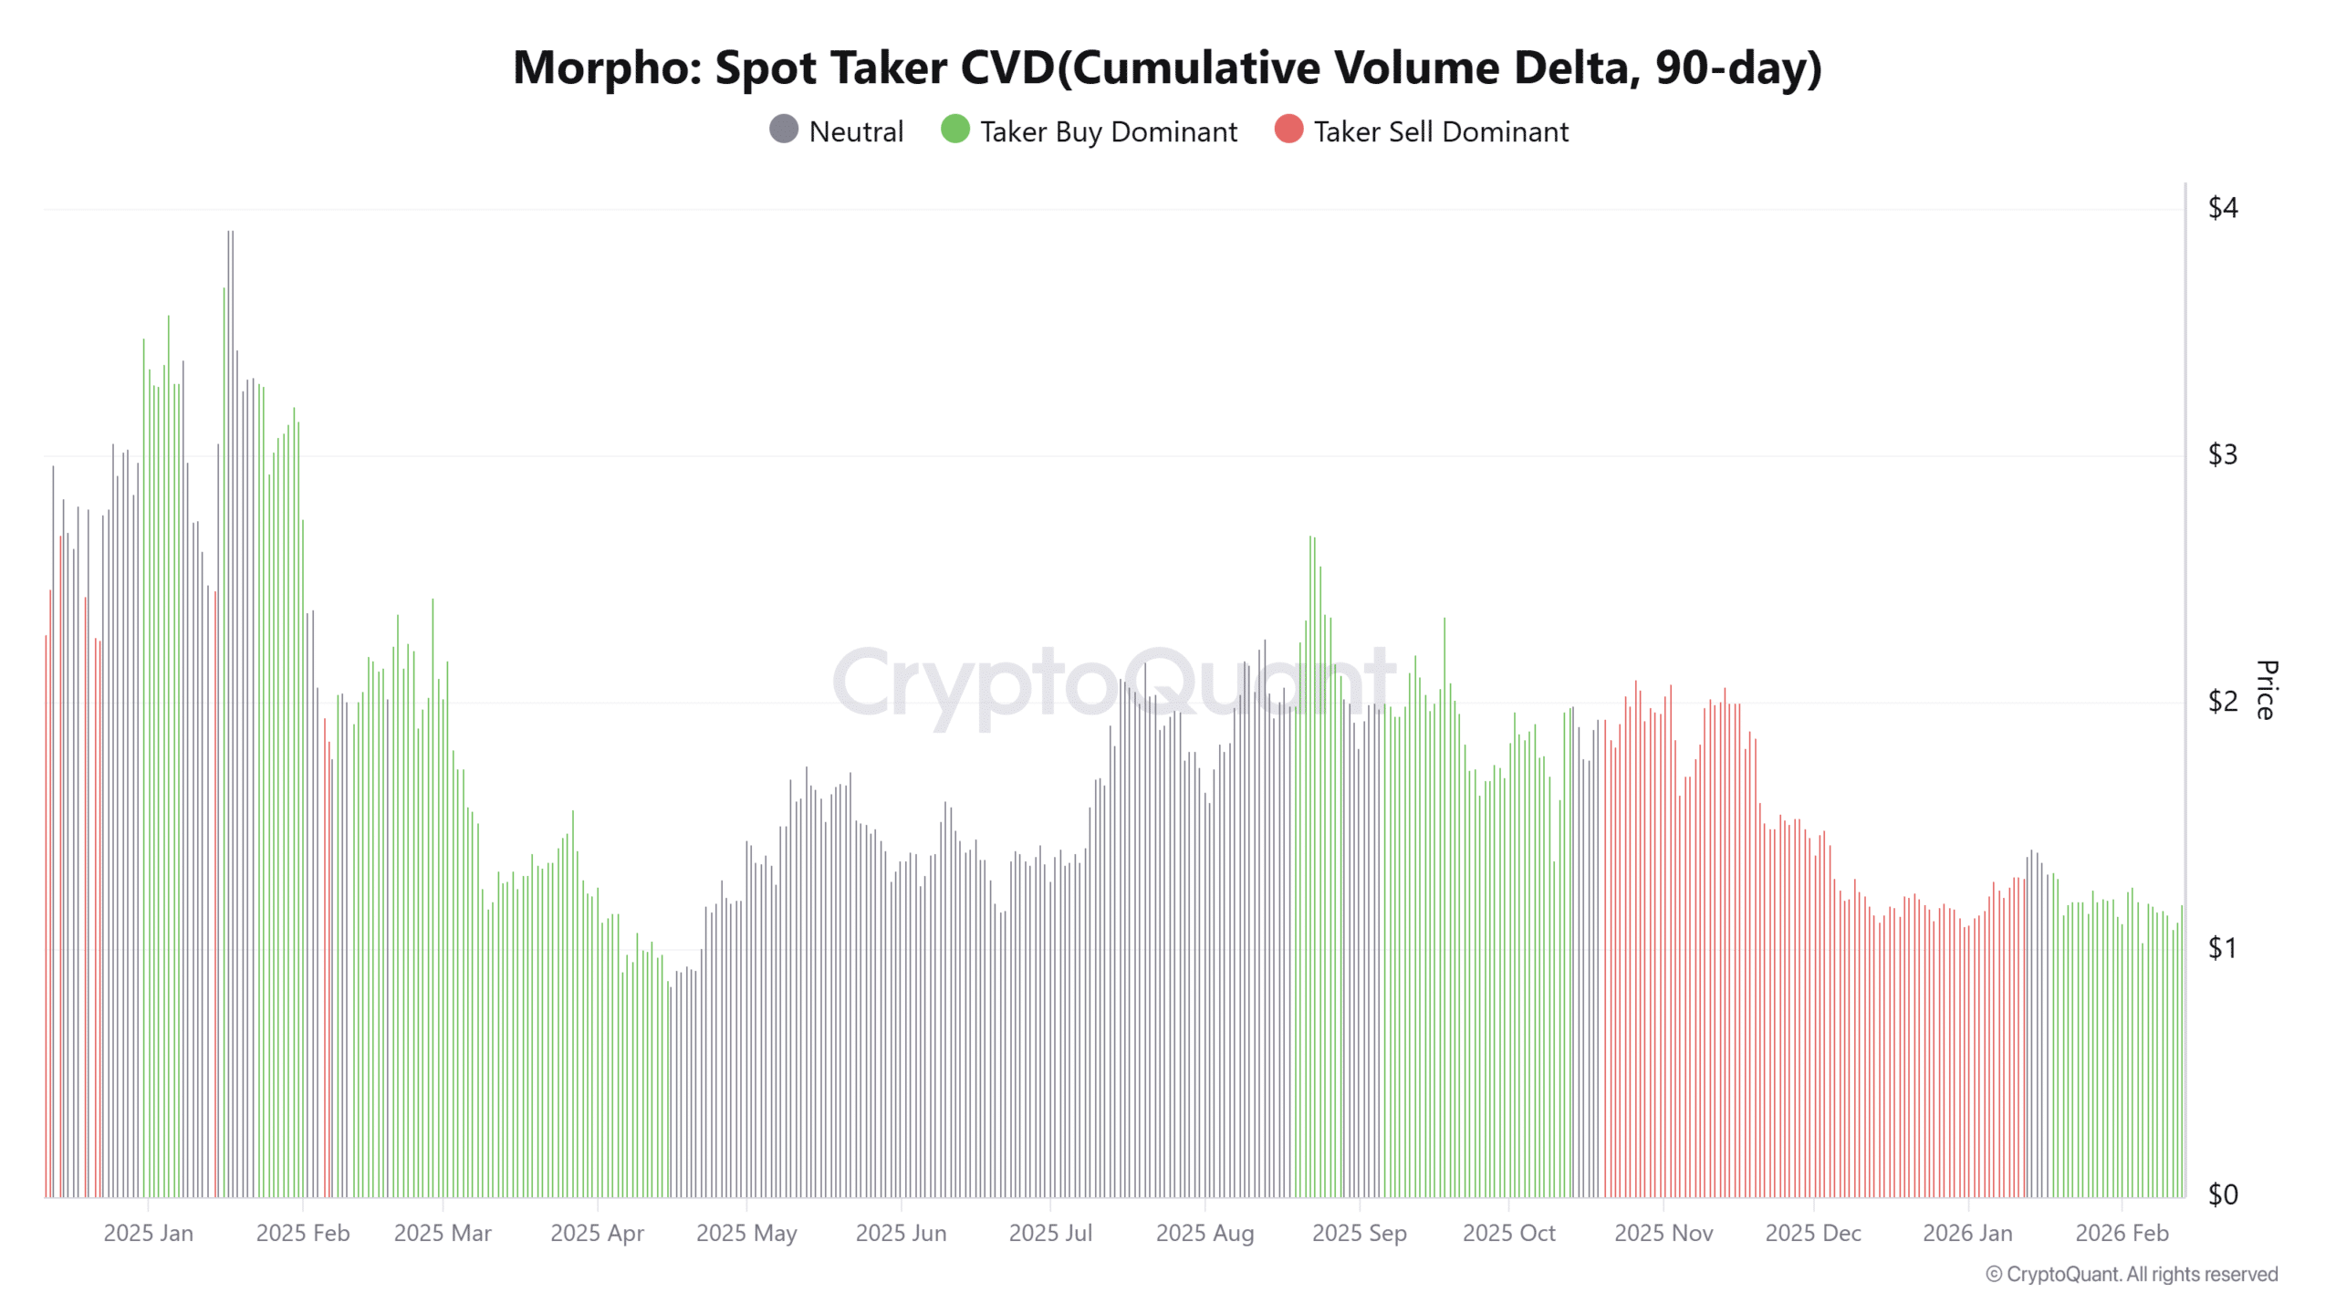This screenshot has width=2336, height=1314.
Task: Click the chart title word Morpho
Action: click(606, 68)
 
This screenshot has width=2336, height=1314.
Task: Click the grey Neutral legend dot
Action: click(783, 130)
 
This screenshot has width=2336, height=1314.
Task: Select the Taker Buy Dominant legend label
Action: click(1108, 131)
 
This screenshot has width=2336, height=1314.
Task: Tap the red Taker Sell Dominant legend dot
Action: click(1288, 130)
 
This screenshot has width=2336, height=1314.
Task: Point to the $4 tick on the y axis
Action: click(2222, 208)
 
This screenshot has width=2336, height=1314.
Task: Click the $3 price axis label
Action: click(2222, 454)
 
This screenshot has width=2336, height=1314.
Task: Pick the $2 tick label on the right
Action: click(2222, 701)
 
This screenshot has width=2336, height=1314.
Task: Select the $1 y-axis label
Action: click(2222, 948)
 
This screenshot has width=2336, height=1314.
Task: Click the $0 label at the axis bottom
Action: click(2222, 1194)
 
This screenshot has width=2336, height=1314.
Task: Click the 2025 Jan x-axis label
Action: click(148, 1233)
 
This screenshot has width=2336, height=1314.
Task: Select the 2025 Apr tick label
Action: click(597, 1233)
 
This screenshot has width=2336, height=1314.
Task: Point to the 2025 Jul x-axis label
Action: click(1049, 1233)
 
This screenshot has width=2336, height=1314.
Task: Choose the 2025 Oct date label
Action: click(1508, 1233)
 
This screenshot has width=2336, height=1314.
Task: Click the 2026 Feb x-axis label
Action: click(2122, 1233)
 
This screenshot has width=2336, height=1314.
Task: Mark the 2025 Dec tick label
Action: click(1812, 1233)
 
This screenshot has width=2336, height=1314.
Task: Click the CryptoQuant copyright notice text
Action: click(2132, 1274)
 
